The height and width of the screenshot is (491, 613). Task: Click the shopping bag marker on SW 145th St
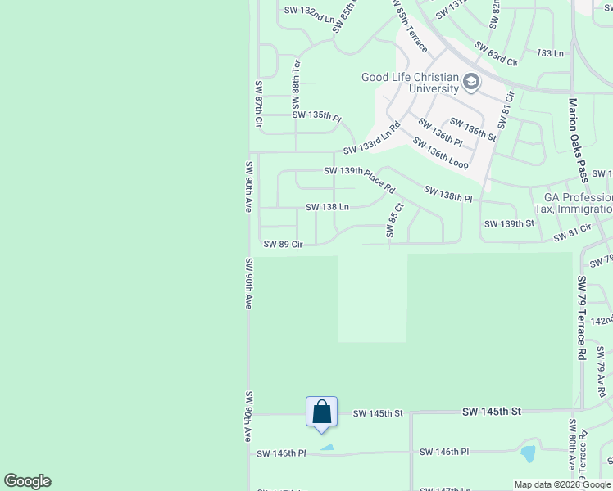[x=321, y=412]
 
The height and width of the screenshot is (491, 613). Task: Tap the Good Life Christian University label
[x=410, y=83]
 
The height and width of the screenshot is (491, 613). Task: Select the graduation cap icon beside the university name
[x=470, y=82]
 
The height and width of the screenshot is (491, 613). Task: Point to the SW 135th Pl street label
[x=316, y=115]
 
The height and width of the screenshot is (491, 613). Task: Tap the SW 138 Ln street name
[x=327, y=207]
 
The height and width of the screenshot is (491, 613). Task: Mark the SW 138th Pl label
[x=448, y=194]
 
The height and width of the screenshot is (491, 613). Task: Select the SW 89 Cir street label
[x=283, y=244]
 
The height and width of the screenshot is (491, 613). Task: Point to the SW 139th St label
[x=509, y=223]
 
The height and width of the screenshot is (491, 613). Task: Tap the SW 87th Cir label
[x=258, y=104]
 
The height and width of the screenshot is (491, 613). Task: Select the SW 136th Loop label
[x=440, y=153]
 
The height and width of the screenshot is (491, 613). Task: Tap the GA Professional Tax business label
[x=573, y=204]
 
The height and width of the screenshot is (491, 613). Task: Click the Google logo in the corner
[x=27, y=481]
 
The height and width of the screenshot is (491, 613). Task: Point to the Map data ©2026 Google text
[x=562, y=484]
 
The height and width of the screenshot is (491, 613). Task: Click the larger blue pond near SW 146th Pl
[x=528, y=453]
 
